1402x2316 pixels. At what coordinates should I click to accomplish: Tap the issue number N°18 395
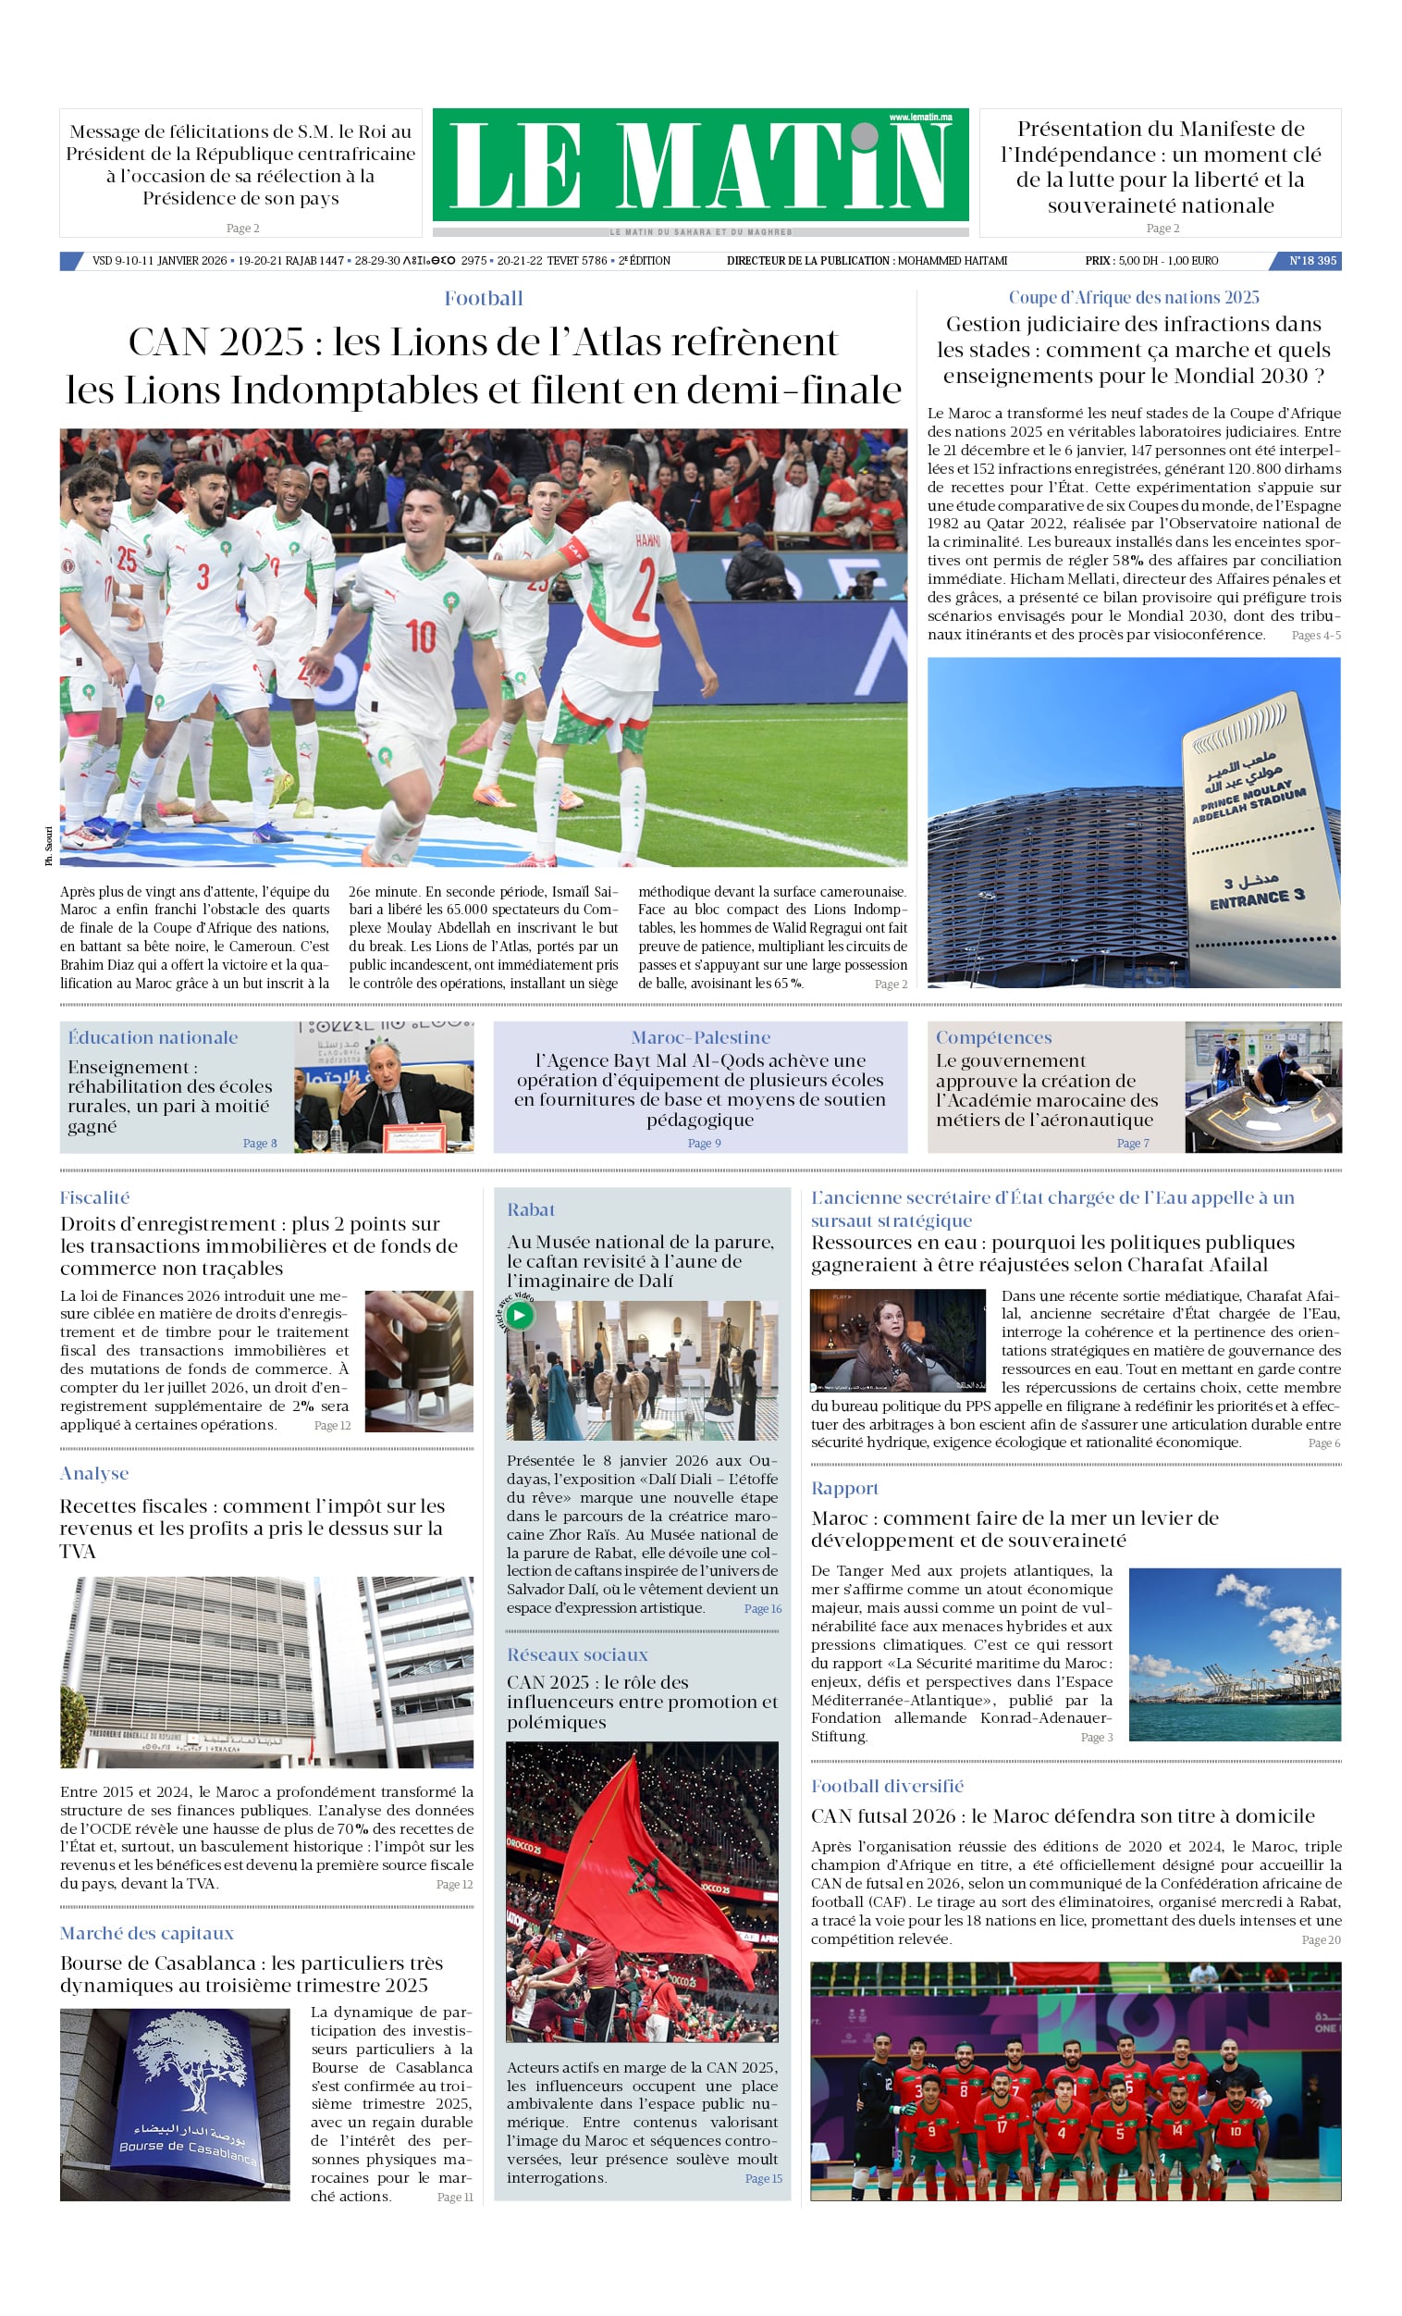click(x=1311, y=260)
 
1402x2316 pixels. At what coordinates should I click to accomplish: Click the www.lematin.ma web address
click(x=920, y=117)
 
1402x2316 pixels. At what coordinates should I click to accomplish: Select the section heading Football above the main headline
click(x=483, y=299)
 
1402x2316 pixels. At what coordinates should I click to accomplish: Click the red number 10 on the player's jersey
click(x=420, y=637)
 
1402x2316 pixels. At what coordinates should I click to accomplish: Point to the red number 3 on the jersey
click(x=202, y=576)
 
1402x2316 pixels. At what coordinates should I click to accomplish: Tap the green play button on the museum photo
click(x=519, y=1315)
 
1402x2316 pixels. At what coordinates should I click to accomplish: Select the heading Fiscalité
click(x=95, y=1197)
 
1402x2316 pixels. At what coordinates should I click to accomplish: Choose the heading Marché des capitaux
click(x=147, y=1933)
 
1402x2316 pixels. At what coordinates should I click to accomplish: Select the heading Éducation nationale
click(x=153, y=1037)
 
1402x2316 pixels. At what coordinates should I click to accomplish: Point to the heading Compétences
click(x=993, y=1037)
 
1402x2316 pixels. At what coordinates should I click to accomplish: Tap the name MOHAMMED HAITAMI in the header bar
click(x=952, y=260)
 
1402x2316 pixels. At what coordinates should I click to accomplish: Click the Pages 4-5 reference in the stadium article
click(x=1316, y=636)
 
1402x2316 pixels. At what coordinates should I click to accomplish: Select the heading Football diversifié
click(x=887, y=1786)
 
